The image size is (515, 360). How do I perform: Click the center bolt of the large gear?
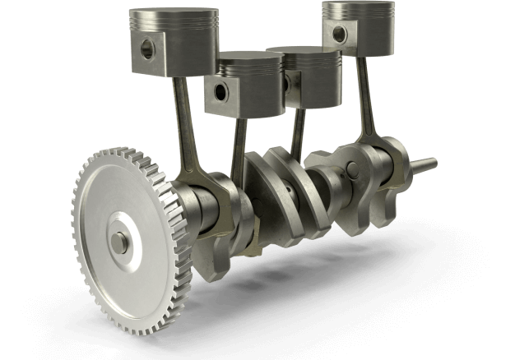pyautogui.click(x=120, y=241)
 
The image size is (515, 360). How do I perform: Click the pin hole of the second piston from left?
pyautogui.click(x=219, y=91)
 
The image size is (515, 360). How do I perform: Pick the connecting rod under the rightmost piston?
pyautogui.click(x=364, y=99)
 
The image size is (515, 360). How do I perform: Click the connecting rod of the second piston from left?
pyautogui.click(x=239, y=144)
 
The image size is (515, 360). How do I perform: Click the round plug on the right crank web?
pyautogui.click(x=351, y=171)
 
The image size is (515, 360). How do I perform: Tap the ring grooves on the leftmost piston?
pyautogui.click(x=177, y=31)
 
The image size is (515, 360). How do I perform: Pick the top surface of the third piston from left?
pyautogui.click(x=304, y=53)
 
